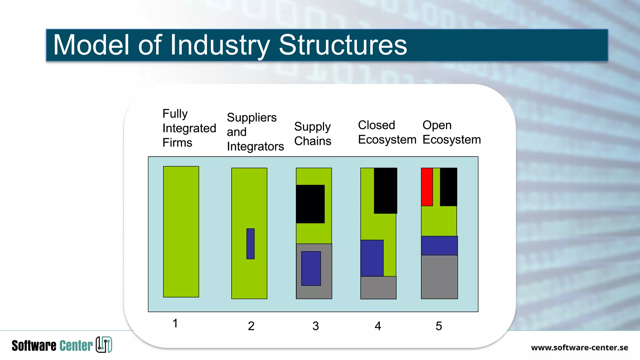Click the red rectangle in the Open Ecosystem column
point(427,187)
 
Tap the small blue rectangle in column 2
point(250,244)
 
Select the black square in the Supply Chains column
point(310,204)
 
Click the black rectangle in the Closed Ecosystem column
point(385,191)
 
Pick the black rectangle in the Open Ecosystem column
point(448,187)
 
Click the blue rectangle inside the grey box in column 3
point(311,268)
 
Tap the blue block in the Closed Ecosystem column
point(372,258)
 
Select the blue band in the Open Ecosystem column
point(439,246)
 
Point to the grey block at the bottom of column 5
point(439,277)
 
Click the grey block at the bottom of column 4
point(378,288)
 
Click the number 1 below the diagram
point(175,323)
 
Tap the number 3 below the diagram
point(316,326)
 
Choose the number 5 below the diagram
point(439,326)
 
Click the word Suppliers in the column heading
point(252,118)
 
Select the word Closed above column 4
point(376,125)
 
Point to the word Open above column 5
point(437,125)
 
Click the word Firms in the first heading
point(177,143)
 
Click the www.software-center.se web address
point(579,347)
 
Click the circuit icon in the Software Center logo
point(104,345)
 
